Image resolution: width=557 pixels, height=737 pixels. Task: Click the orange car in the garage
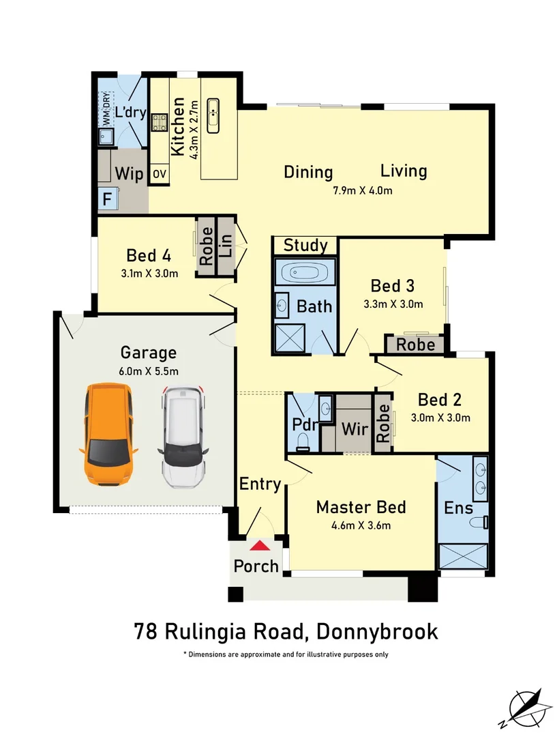tap(108, 435)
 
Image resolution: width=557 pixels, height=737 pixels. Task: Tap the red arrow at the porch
tap(258, 545)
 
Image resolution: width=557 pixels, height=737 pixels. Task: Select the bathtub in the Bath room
tap(305, 272)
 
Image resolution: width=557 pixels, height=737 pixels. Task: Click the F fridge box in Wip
tap(107, 200)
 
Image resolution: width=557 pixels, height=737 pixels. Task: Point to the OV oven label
tap(159, 175)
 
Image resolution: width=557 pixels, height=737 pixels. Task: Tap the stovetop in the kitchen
tap(160, 123)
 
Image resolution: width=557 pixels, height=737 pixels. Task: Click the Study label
tap(305, 245)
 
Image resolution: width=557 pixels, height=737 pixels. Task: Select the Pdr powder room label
tap(305, 424)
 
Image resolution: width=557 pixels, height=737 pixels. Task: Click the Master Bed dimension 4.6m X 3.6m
tap(361, 525)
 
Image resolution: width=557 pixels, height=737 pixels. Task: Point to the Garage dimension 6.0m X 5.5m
tap(149, 371)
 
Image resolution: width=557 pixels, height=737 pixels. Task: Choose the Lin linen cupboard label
tap(226, 246)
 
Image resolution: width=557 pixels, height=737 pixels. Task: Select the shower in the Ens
tap(463, 556)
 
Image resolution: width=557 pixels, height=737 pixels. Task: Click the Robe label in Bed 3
tap(415, 345)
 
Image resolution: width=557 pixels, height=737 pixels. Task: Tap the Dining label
tap(308, 172)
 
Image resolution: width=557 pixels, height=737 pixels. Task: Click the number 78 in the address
tap(145, 631)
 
